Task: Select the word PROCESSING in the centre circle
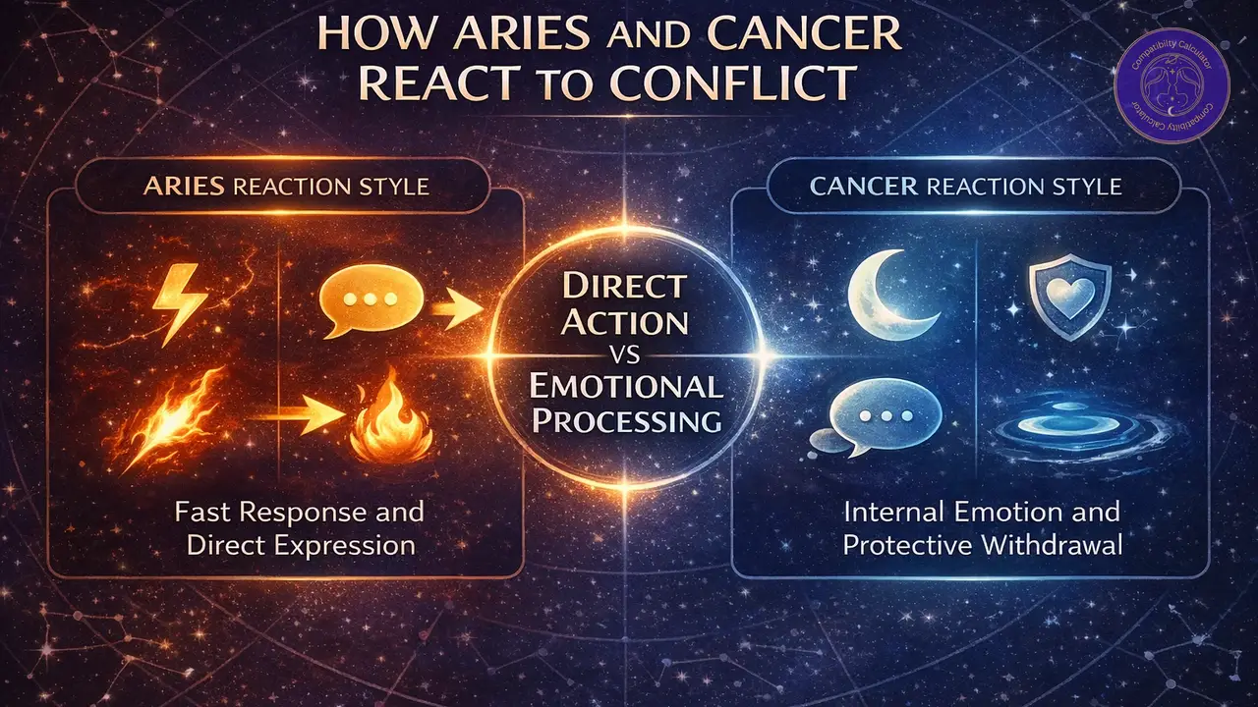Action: coord(625,421)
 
